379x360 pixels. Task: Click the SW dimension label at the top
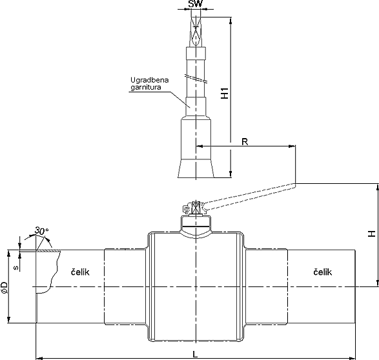coord(195,4)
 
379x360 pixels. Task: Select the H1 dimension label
coord(225,93)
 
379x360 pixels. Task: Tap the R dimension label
coord(245,142)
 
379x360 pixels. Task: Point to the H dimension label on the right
coord(372,234)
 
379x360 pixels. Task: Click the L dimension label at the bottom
coord(195,354)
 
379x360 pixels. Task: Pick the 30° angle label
coord(41,231)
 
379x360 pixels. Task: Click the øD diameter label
coord(5,287)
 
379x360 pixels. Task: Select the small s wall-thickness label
coord(16,268)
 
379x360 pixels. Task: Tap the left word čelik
coord(80,272)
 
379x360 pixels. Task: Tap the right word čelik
coord(323,272)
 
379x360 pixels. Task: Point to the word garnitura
coord(146,87)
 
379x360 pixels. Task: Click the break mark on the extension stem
coord(196,78)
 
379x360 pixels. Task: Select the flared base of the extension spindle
coord(196,168)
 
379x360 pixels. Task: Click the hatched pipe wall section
coord(48,251)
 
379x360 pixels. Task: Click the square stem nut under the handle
coord(196,208)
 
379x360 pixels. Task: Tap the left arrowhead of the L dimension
coord(38,358)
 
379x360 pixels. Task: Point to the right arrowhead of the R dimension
coord(292,146)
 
